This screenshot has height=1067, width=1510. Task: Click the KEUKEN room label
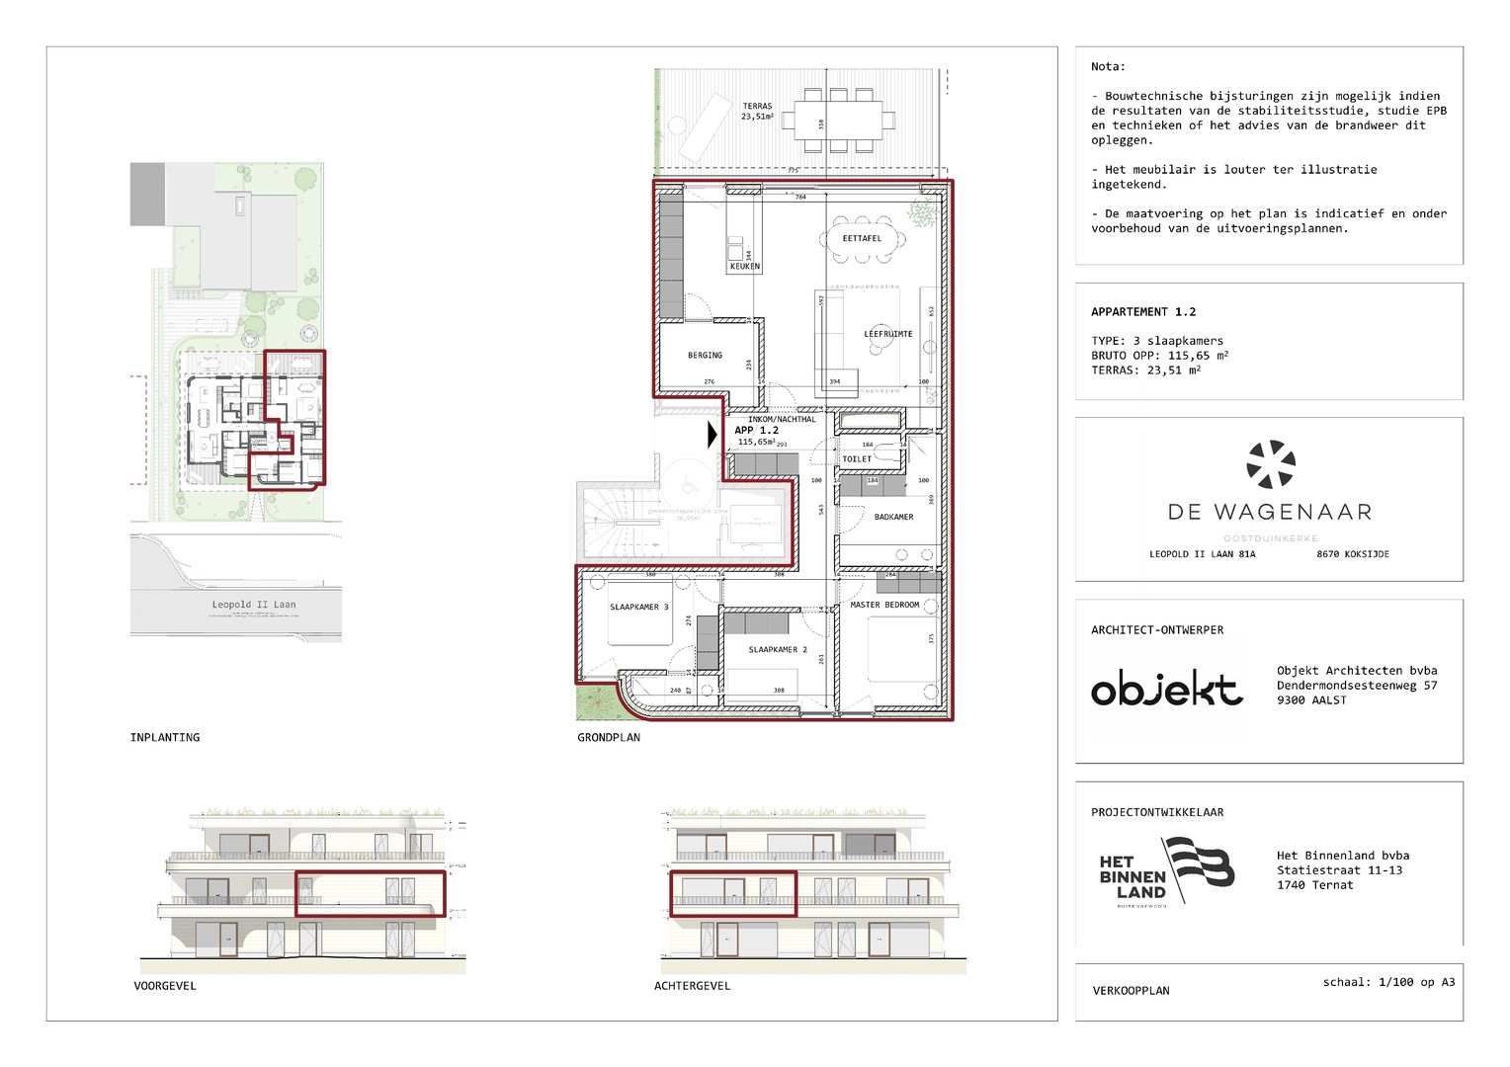pyautogui.click(x=744, y=266)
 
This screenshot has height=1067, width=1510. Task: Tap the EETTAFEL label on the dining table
pyautogui.click(x=862, y=238)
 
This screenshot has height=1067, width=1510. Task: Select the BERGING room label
pyautogui.click(x=705, y=355)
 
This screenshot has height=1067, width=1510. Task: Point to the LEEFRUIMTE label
pyautogui.click(x=887, y=334)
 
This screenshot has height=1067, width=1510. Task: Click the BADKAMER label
pyautogui.click(x=893, y=517)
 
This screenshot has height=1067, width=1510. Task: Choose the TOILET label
pyautogui.click(x=857, y=458)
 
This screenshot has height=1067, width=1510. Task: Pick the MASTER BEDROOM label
pyautogui.click(x=884, y=605)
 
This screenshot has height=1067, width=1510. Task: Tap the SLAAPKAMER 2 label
pyautogui.click(x=778, y=649)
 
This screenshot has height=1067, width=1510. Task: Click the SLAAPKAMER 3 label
pyautogui.click(x=638, y=607)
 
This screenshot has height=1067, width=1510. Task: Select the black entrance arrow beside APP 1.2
pyautogui.click(x=713, y=434)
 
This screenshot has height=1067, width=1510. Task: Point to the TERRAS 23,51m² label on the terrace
pyautogui.click(x=757, y=111)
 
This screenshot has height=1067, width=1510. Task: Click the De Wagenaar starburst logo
pyautogui.click(x=1270, y=464)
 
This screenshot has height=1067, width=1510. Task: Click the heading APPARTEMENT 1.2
pyautogui.click(x=1143, y=311)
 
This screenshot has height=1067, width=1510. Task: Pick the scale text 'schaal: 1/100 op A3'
pyautogui.click(x=1388, y=982)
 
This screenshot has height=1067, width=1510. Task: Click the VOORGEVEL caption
pyautogui.click(x=165, y=986)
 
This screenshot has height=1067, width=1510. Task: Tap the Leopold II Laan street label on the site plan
pyautogui.click(x=254, y=604)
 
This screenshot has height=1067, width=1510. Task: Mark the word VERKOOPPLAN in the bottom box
pyautogui.click(x=1131, y=990)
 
